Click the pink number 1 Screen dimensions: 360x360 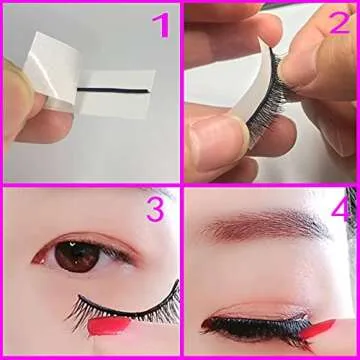click(158, 26)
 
